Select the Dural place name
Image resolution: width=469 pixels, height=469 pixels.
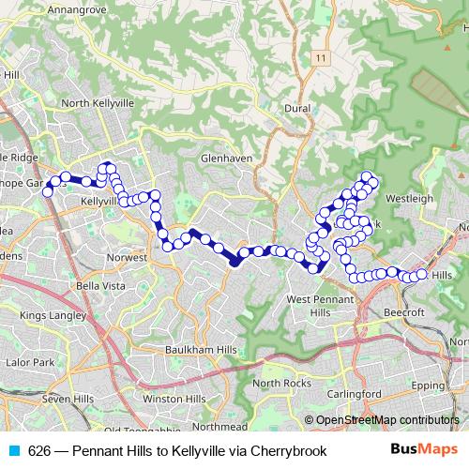pos(296,109)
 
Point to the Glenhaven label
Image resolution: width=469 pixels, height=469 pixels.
pos(226,159)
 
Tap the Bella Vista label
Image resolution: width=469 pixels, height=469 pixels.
pos(101,284)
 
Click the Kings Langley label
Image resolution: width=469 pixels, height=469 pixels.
pos(52,315)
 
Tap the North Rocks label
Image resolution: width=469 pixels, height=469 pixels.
pos(281,384)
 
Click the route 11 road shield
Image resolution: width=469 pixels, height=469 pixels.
pos(323,58)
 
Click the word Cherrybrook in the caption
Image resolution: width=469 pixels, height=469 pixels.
pos(288,451)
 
